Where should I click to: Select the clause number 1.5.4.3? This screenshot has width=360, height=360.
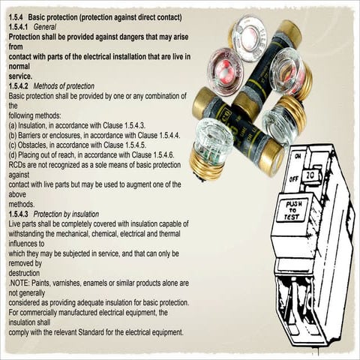[20, 214]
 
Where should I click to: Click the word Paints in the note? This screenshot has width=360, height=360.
[43, 283]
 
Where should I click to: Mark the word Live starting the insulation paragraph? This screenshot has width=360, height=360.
[15, 223]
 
